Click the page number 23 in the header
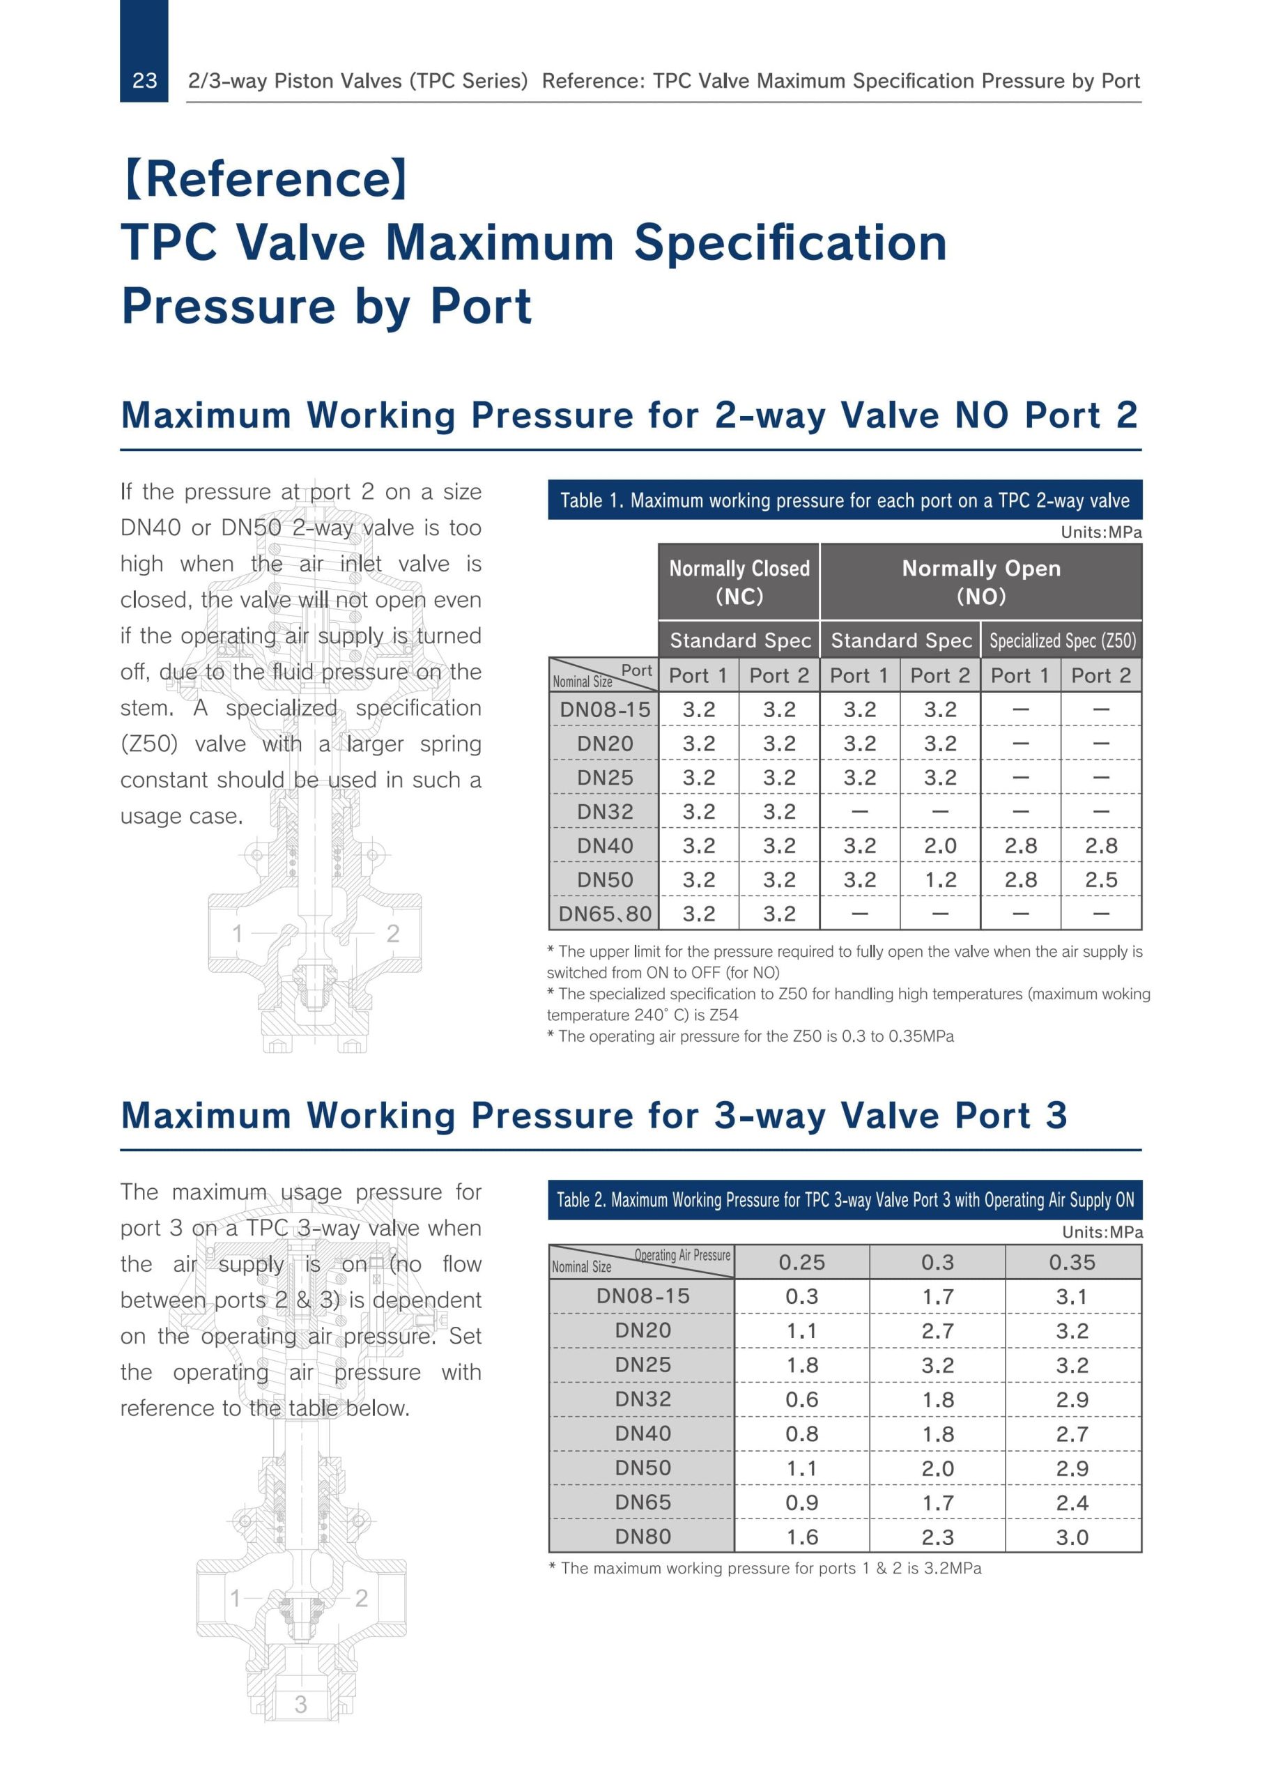(144, 81)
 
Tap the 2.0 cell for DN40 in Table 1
(939, 845)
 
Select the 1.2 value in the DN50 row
(939, 879)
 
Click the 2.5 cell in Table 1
(1101, 879)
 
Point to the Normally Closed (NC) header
(739, 582)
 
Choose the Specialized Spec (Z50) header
(1061, 641)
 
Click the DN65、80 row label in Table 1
(605, 914)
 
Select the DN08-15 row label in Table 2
(642, 1296)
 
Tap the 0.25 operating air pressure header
(801, 1263)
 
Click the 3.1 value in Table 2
(1072, 1297)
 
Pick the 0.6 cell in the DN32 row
(801, 1399)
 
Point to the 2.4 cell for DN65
(1072, 1502)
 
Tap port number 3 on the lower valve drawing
(301, 1705)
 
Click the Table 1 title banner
(845, 500)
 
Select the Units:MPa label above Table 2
(1102, 1232)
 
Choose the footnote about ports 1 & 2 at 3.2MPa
(764, 1569)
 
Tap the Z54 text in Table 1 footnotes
(723, 1015)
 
